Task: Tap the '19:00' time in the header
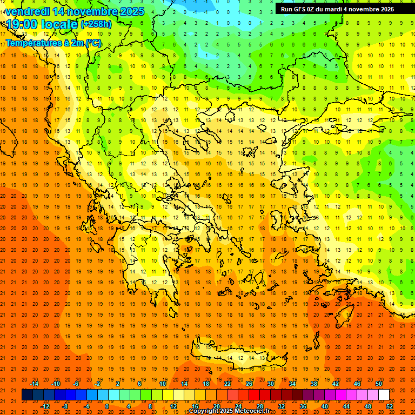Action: click(x=21, y=24)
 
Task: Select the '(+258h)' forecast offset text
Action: click(x=96, y=24)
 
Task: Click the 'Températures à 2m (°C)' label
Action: click(x=53, y=42)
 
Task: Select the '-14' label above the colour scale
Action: click(x=34, y=384)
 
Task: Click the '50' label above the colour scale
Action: click(x=379, y=384)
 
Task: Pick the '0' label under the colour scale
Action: click(x=106, y=406)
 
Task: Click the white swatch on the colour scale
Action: click(x=384, y=395)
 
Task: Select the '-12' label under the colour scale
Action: click(x=45, y=406)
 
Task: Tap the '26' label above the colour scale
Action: click(x=249, y=384)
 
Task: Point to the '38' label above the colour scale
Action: click(x=314, y=384)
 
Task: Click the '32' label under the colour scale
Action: click(x=282, y=406)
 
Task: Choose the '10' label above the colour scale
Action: click(x=163, y=384)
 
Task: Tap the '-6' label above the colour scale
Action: click(x=77, y=384)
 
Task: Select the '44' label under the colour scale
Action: click(x=346, y=406)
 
